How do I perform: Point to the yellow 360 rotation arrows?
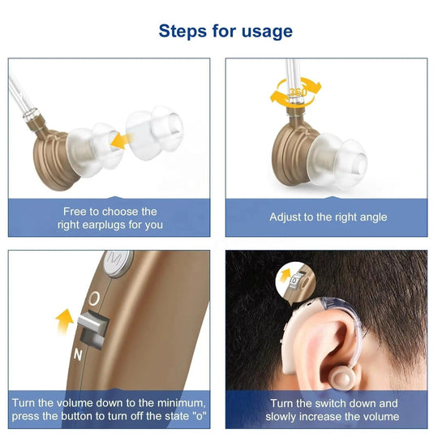tap(295, 92)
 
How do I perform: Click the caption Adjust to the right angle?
tap(328, 217)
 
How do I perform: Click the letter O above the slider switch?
tap(94, 298)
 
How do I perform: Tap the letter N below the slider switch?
tap(78, 354)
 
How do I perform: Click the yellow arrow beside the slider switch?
tap(63, 321)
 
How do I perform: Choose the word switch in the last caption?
tap(322, 403)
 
